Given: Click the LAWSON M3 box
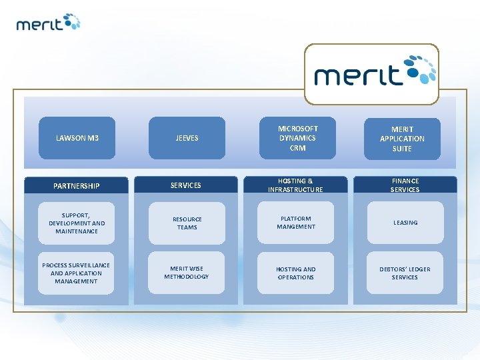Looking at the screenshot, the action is click(77, 138).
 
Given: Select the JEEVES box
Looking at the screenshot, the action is click(187, 138).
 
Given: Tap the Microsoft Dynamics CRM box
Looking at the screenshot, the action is click(297, 138).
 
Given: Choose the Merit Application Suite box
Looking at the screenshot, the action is click(402, 139).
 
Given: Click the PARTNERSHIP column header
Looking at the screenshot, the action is click(77, 185).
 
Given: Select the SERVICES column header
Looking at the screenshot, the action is click(186, 185).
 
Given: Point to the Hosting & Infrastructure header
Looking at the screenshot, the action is click(295, 185).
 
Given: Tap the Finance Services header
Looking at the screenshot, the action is click(405, 185).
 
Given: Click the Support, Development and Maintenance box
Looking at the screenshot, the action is click(77, 223).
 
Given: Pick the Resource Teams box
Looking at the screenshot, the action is click(187, 223).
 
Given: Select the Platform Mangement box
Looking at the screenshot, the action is click(296, 223).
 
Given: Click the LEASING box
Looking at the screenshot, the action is click(405, 223).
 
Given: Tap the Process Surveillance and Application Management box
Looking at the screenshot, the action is click(77, 273).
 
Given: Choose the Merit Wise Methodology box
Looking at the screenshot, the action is click(187, 273).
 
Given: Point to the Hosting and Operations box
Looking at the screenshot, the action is click(296, 273).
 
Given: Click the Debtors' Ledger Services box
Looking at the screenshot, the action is click(405, 273).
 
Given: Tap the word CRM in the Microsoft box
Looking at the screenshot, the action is click(297, 148).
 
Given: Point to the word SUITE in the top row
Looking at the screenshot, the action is click(402, 149).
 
